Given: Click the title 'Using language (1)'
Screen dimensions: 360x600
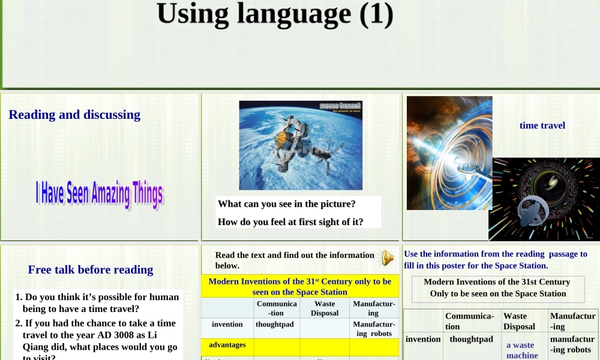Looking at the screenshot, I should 275,14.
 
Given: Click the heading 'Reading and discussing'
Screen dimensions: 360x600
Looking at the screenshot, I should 74,115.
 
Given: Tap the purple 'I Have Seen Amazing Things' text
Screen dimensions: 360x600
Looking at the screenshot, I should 99,194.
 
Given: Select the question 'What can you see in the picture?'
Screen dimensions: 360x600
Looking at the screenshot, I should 287,203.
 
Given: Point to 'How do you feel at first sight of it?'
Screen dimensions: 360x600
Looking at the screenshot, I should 290,221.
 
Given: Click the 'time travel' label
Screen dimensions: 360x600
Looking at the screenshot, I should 542,125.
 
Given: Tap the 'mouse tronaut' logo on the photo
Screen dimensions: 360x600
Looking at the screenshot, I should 340,107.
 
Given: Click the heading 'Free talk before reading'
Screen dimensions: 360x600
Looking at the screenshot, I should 91,269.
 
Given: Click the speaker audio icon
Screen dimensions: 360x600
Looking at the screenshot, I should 386,258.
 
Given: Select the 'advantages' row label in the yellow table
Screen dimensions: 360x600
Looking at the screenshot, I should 227,345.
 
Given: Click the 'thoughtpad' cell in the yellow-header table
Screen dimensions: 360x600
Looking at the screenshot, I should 275,324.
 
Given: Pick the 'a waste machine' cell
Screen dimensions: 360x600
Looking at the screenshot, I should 522,350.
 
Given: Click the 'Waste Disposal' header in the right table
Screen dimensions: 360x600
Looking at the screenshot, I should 519,321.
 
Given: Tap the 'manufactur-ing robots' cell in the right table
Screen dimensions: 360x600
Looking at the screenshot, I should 572,344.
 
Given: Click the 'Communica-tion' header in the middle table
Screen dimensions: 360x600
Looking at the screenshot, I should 277,308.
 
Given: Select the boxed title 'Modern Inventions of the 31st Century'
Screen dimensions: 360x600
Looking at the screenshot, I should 497,288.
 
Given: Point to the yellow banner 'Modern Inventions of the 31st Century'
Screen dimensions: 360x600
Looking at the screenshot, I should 299,286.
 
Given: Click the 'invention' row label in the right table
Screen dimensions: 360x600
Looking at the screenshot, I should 423,339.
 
